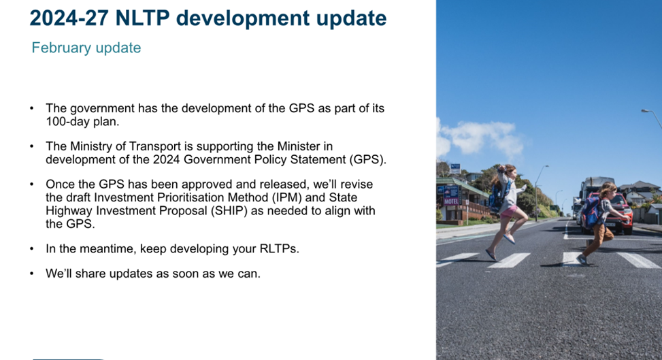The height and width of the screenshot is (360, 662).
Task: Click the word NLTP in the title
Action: pyautogui.click(x=142, y=18)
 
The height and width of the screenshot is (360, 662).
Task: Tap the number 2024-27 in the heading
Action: pyautogui.click(x=69, y=18)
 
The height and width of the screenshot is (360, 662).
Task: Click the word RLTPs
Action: pyautogui.click(x=279, y=249)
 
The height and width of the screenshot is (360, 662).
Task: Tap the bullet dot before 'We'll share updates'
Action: pyautogui.click(x=32, y=274)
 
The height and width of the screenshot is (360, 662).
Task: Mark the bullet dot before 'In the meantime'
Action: pyautogui.click(x=32, y=249)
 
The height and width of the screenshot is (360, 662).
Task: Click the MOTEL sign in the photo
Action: pyautogui.click(x=451, y=201)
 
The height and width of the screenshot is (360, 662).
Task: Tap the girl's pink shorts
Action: pyautogui.click(x=510, y=211)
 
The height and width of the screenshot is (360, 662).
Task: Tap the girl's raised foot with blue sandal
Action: pyautogui.click(x=509, y=239)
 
